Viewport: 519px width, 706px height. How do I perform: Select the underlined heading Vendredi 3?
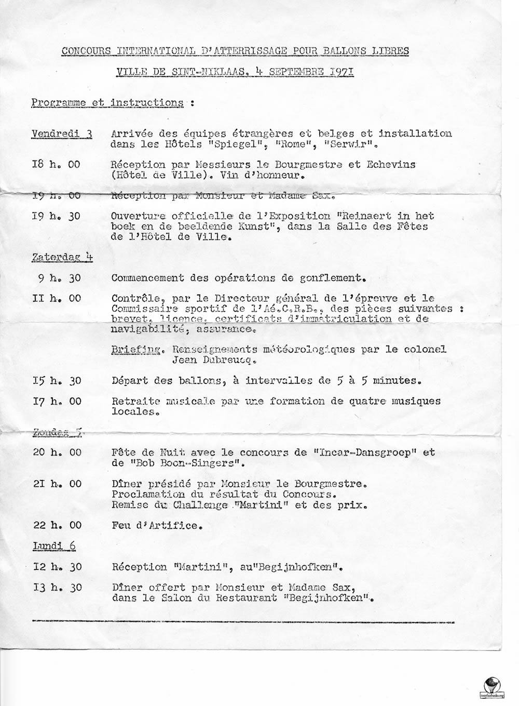click(62, 134)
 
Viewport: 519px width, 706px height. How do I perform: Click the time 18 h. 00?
click(56, 164)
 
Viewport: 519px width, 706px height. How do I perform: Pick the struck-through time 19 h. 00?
click(56, 195)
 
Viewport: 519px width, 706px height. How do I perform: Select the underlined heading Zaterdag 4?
click(62, 257)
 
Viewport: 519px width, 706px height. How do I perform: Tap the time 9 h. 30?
click(59, 277)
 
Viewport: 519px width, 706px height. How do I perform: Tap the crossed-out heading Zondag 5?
click(58, 431)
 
